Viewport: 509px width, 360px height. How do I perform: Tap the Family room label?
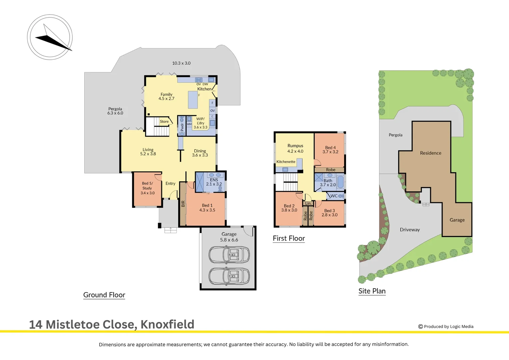(x=166, y=96)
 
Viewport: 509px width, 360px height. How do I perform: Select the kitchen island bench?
(x=193, y=100)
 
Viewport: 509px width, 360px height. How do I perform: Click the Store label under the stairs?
(x=164, y=121)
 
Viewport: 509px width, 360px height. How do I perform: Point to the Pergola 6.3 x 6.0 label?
(x=115, y=111)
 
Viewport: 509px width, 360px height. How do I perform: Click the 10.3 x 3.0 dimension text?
(x=181, y=63)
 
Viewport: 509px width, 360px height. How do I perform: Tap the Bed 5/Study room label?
(x=148, y=188)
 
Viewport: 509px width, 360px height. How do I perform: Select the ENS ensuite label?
(x=214, y=182)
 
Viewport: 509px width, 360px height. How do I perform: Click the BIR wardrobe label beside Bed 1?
(x=183, y=204)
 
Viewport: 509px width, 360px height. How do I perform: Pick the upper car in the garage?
(x=229, y=254)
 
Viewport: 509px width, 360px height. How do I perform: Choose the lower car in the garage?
(x=229, y=276)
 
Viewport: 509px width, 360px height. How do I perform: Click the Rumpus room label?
(x=295, y=148)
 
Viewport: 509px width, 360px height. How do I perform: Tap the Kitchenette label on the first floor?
(x=286, y=162)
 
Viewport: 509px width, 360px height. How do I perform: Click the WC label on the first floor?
(x=334, y=196)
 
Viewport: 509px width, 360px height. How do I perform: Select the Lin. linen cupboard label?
(x=308, y=203)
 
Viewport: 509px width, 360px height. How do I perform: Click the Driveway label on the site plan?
(x=410, y=230)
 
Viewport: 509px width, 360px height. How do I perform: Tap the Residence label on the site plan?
(x=431, y=153)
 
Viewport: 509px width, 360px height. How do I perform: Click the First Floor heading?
(x=289, y=238)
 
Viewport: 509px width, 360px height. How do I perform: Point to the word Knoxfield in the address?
(x=168, y=324)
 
